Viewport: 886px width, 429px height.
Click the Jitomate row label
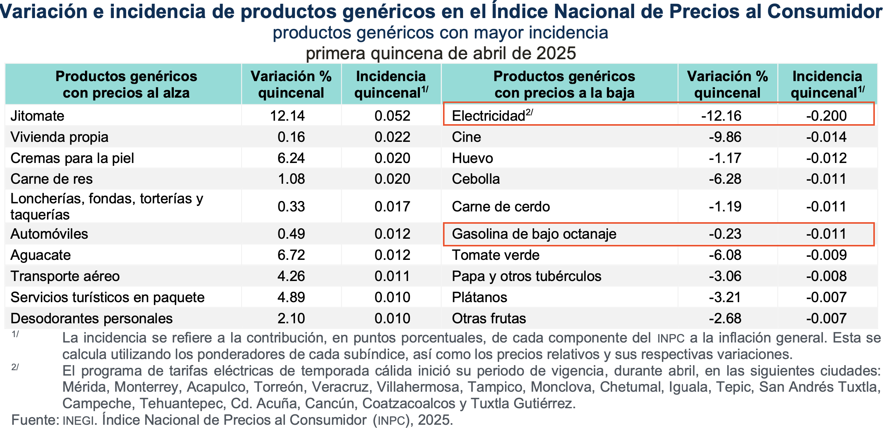tap(37, 116)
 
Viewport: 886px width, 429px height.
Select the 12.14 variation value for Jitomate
tap(287, 116)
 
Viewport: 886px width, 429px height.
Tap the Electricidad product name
tap(488, 116)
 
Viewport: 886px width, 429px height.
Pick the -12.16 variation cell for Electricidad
tap(721, 116)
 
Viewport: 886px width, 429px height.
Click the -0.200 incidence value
tap(826, 116)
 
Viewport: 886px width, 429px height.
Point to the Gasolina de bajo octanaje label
tap(534, 234)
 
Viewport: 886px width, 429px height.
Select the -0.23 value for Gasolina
tap(725, 234)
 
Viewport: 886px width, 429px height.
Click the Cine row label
tap(466, 137)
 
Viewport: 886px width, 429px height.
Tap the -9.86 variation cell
tap(725, 137)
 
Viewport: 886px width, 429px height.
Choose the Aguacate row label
tap(40, 255)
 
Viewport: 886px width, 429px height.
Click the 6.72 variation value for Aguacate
tap(291, 255)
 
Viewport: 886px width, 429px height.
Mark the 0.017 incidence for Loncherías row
tap(392, 206)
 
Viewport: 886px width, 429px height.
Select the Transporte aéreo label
tap(65, 276)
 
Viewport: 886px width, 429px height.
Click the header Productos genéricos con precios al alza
tap(126, 85)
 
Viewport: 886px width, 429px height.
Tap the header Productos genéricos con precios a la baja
tap(564, 85)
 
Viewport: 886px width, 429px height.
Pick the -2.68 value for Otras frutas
tap(725, 318)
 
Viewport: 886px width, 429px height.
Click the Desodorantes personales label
tap(92, 318)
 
